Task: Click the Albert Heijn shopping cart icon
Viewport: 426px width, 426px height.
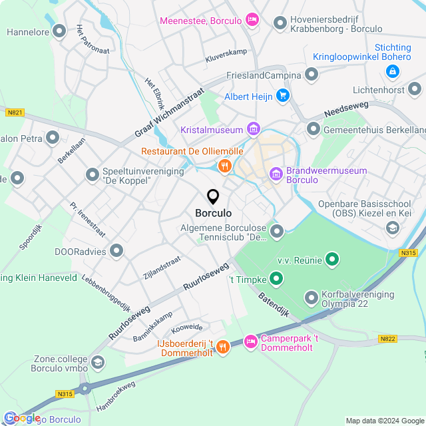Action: click(x=283, y=97)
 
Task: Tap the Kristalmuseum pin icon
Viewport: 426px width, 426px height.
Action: click(x=253, y=128)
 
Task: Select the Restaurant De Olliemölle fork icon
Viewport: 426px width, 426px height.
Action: click(x=224, y=166)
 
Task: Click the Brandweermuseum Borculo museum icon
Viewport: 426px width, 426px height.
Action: click(x=276, y=174)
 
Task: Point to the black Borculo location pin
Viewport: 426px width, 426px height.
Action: click(x=213, y=197)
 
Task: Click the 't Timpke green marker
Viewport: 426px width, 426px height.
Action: click(x=276, y=279)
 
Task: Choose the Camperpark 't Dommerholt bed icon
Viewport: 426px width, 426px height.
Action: click(x=250, y=342)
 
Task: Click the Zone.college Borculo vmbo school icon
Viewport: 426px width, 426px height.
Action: click(x=98, y=361)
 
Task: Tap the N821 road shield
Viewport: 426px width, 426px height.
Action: click(x=15, y=112)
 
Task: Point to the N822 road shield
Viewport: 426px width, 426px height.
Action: click(x=388, y=339)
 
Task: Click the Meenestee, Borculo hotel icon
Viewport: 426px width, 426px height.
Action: click(x=252, y=21)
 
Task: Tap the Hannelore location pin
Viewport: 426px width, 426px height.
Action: click(x=59, y=31)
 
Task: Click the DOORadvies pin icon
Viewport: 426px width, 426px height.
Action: click(x=117, y=250)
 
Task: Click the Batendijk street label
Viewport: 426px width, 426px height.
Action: click(x=274, y=303)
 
